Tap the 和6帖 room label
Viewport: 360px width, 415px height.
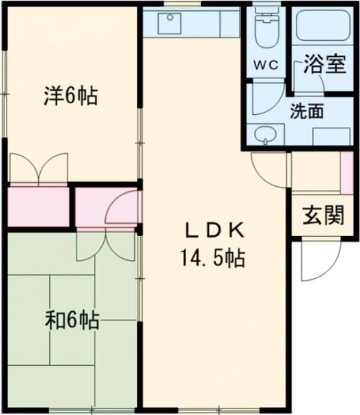pos(72,320)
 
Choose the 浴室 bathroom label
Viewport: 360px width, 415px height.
pos(324,65)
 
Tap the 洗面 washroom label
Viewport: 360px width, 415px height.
pos(306,112)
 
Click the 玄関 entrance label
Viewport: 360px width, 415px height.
pos(322,215)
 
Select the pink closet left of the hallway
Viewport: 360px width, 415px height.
pos(38,207)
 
